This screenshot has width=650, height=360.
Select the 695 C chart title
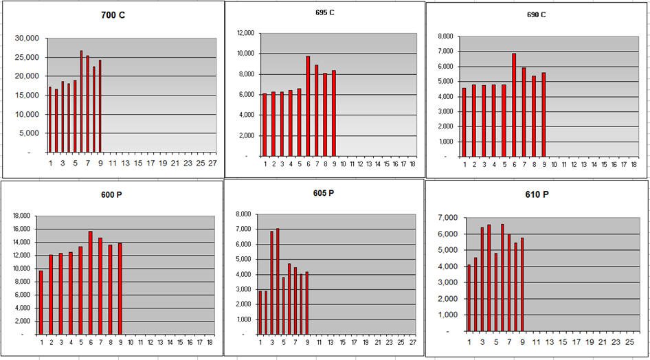point(323,12)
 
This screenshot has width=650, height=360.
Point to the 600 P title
point(112,194)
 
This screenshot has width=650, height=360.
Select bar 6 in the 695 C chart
point(308,106)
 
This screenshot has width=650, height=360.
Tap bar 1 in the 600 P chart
point(41,302)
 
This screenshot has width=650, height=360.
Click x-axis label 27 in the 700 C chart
point(212,164)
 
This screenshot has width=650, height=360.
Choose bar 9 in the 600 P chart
point(120,289)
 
